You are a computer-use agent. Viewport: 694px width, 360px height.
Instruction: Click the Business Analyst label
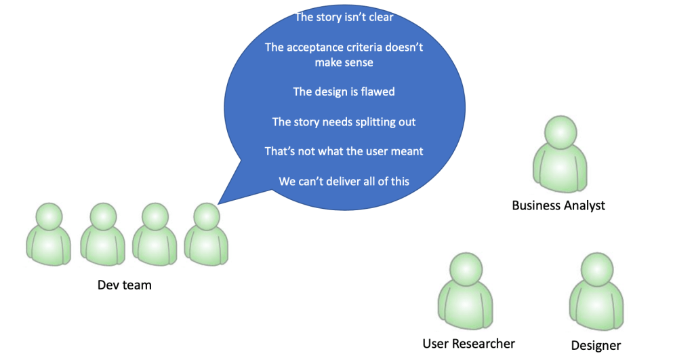[558, 205]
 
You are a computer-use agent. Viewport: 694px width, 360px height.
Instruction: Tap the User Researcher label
[468, 344]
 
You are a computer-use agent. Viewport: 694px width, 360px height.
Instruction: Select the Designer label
[596, 345]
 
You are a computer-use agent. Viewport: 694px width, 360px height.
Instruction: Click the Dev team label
[125, 285]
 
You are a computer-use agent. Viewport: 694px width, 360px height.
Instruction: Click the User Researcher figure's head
[466, 269]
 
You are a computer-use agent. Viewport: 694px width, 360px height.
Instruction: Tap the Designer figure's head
[596, 269]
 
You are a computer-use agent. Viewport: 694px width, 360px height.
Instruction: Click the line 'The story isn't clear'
[344, 17]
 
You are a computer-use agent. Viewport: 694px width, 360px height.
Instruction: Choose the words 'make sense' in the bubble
[344, 62]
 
